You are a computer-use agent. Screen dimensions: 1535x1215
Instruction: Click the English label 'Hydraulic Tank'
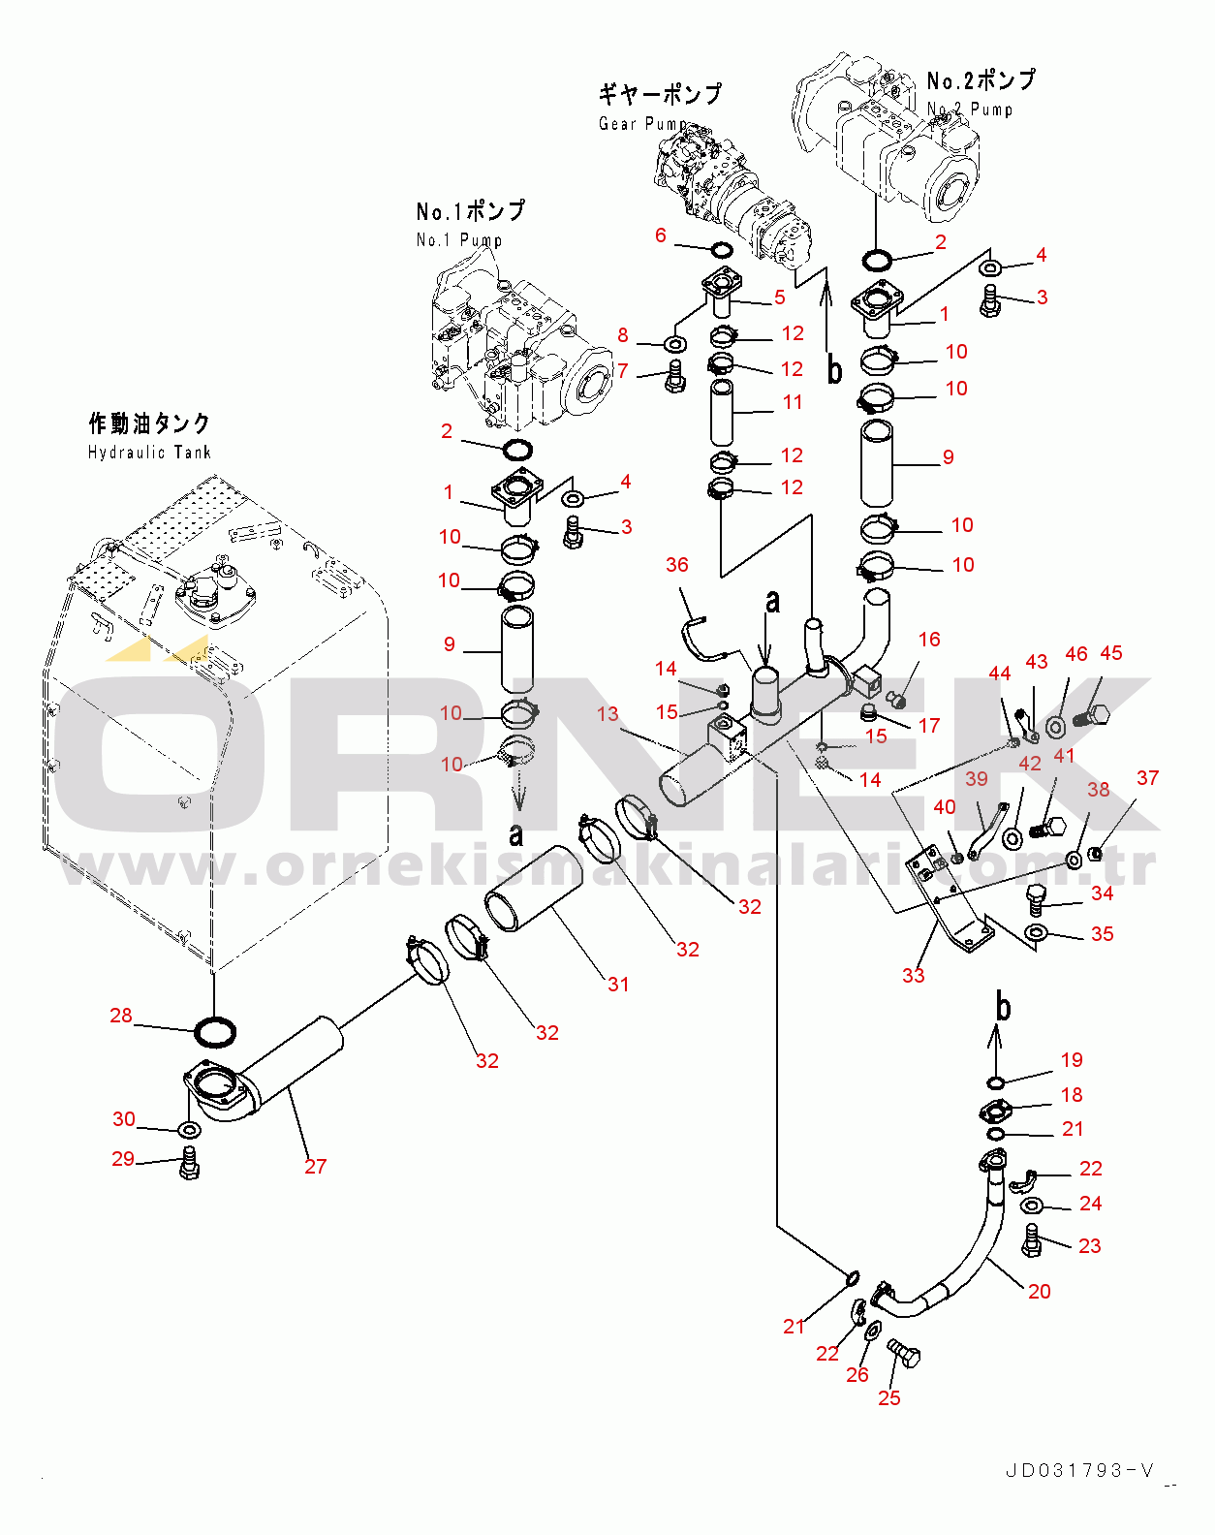[x=149, y=453]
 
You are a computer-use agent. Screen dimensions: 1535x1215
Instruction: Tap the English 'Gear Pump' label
[x=642, y=124]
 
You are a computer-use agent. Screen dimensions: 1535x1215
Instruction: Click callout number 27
[x=316, y=1167]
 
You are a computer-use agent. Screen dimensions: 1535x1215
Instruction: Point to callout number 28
[x=121, y=1016]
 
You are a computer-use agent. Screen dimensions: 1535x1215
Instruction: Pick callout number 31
[x=618, y=985]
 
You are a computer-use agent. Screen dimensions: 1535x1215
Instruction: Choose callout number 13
[x=607, y=714]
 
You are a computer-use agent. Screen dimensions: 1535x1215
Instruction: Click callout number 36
[x=677, y=565]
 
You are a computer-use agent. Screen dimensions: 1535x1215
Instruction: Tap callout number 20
[x=1039, y=1292]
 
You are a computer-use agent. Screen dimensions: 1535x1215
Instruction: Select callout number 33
[x=914, y=976]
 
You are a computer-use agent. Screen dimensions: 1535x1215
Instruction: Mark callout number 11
[x=793, y=402]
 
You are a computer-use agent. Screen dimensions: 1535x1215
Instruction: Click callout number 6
[x=661, y=235]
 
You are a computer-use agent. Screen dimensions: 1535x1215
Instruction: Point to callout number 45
[x=1111, y=653]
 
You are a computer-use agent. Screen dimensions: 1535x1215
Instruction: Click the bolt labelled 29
[x=190, y=1163]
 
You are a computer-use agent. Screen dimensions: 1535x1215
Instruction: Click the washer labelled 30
[x=189, y=1129]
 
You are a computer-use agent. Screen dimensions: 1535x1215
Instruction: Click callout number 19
[x=1072, y=1060]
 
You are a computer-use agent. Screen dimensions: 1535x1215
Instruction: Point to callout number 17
[x=929, y=726]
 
